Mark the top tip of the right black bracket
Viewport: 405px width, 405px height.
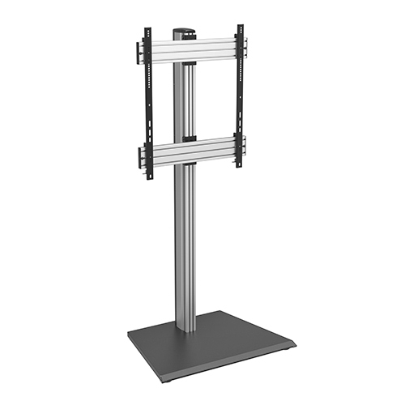240,25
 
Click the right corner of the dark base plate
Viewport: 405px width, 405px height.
295,343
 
